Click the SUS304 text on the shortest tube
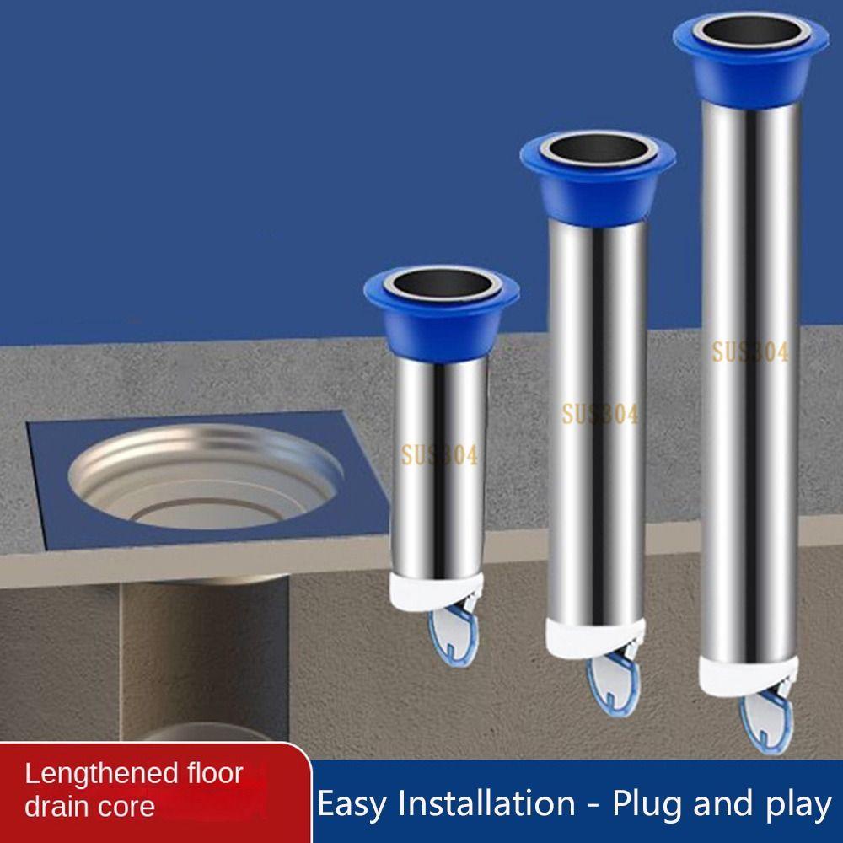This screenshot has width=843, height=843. click(x=439, y=456)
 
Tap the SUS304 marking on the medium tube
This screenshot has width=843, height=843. click(x=600, y=414)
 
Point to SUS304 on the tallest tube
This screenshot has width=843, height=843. click(x=750, y=352)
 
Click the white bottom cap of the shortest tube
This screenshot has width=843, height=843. click(x=436, y=591)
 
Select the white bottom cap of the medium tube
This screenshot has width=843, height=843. click(x=594, y=638)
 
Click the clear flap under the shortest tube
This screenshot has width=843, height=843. click(x=454, y=632)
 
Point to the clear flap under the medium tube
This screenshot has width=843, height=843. click(x=614, y=681)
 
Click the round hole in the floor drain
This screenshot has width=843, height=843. click(x=206, y=476)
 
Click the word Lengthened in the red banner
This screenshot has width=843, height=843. click(x=99, y=775)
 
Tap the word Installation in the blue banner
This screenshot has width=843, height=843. click(x=486, y=803)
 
